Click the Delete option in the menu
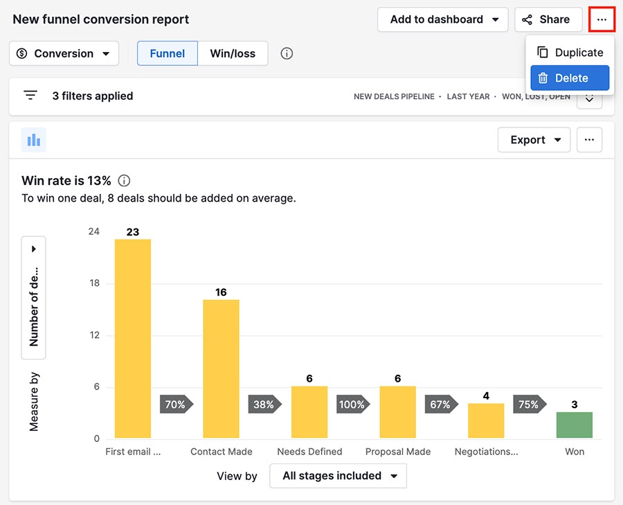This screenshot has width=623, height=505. (570, 78)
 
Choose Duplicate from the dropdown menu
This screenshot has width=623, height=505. (570, 53)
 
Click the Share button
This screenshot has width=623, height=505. (548, 19)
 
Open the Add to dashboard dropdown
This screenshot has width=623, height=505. (443, 19)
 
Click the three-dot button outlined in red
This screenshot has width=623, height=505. (602, 19)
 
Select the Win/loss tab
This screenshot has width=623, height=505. (233, 53)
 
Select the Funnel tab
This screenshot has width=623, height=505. (168, 53)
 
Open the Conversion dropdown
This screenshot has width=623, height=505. (64, 53)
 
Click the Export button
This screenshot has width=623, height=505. (534, 140)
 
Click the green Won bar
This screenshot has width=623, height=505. (575, 425)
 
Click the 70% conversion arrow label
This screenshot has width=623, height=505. (176, 405)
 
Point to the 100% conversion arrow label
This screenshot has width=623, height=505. (352, 405)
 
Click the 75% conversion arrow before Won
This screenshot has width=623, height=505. (529, 405)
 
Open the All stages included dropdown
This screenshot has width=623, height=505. (338, 476)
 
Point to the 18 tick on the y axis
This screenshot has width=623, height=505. (93, 283)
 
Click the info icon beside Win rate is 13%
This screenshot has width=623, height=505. (124, 181)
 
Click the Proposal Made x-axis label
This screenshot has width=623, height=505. (398, 452)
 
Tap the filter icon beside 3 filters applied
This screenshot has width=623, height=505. (30, 96)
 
